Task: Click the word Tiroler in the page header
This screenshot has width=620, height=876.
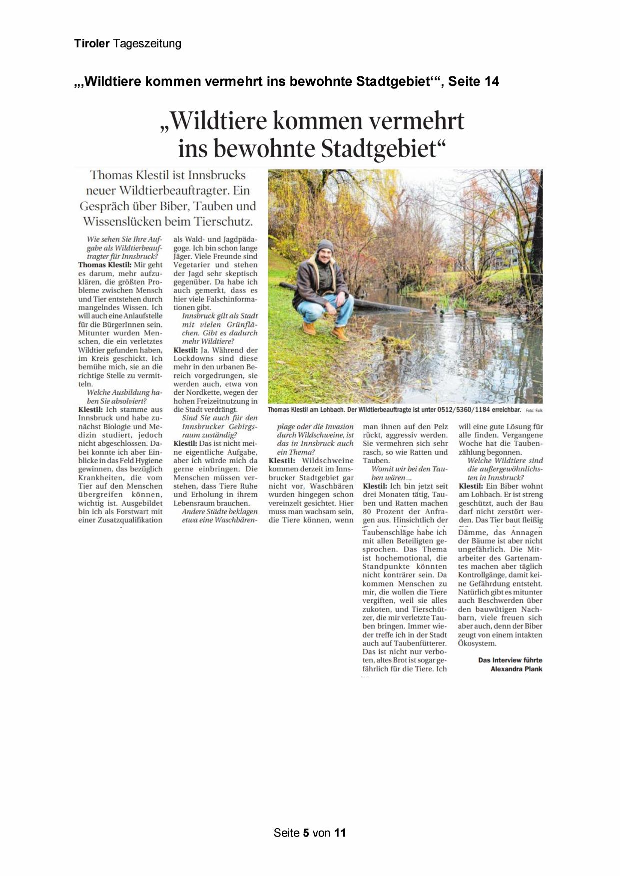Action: click(x=91, y=44)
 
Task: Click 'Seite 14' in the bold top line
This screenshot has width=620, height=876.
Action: click(x=474, y=81)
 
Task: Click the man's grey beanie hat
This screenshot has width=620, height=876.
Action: click(x=325, y=245)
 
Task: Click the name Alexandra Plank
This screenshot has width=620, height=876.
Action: click(x=517, y=669)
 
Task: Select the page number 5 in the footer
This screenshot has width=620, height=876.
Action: click(x=306, y=833)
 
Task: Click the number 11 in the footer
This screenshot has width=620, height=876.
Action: click(x=340, y=833)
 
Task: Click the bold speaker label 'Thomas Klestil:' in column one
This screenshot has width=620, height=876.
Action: click(x=105, y=265)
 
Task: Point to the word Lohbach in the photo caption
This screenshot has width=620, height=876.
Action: click(x=332, y=410)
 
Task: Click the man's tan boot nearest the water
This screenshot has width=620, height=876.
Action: click(x=341, y=333)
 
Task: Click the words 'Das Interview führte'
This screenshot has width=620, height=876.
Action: click(x=510, y=660)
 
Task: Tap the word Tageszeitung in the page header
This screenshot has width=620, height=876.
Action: click(x=147, y=44)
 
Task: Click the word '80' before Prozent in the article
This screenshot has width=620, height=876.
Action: click(x=368, y=512)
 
